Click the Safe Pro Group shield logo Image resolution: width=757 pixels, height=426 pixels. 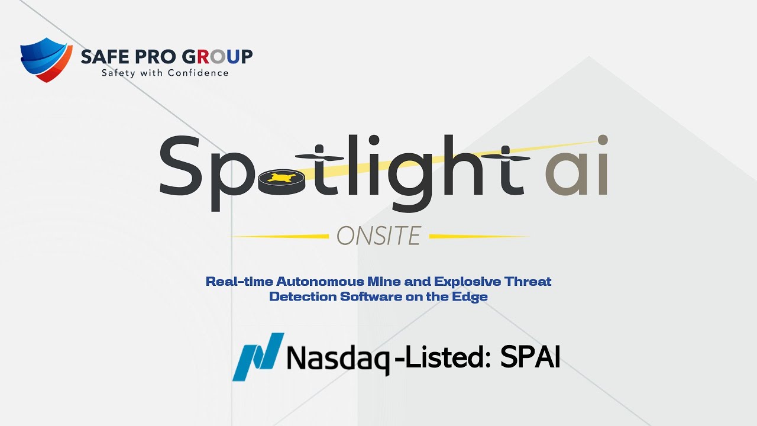[46, 59]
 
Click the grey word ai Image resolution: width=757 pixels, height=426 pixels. [577, 169]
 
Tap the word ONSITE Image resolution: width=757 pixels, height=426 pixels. [378, 236]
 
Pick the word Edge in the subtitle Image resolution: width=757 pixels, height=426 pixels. [473, 296]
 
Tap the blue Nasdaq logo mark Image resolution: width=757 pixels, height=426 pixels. [258, 356]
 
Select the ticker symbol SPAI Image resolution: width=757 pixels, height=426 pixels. [530, 356]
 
